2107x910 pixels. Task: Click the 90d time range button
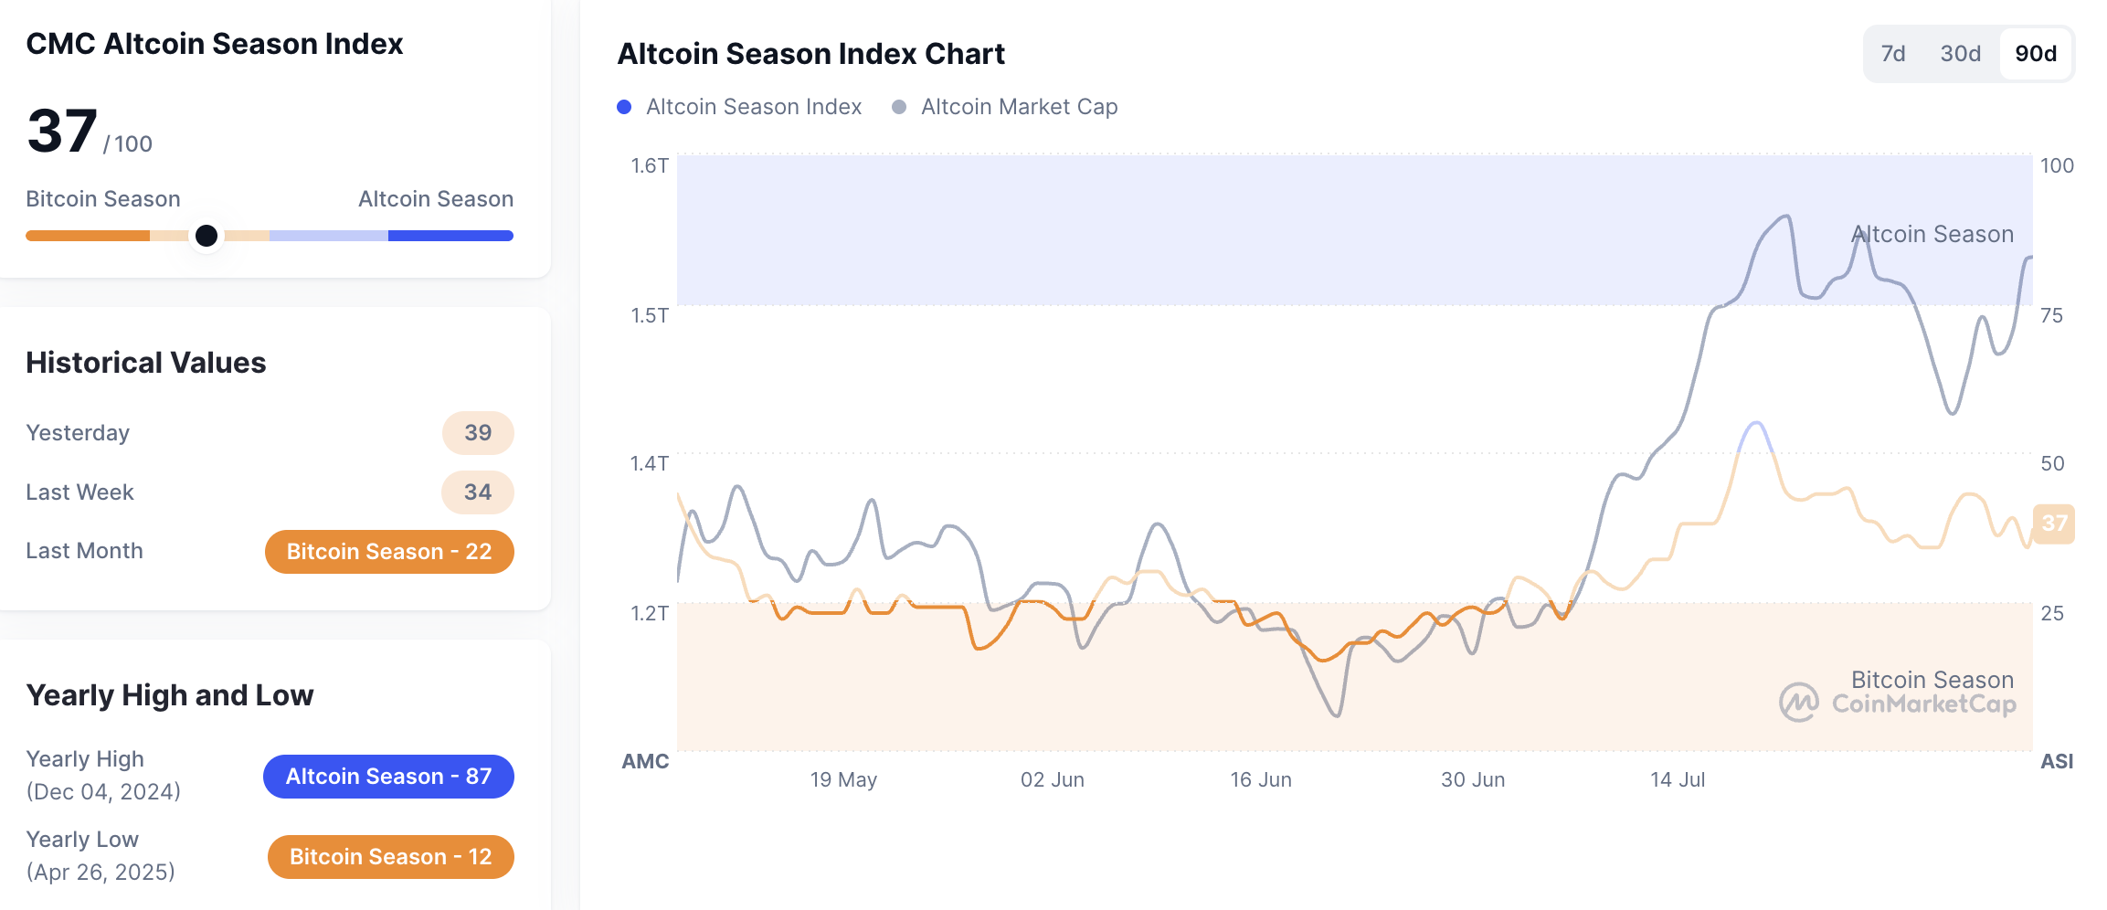click(2035, 54)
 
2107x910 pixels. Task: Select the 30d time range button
click(1960, 54)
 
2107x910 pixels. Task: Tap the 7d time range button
click(1892, 54)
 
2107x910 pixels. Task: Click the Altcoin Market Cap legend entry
click(1018, 107)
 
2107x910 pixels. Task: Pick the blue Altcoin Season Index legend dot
click(624, 107)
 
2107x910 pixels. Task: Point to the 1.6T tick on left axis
click(650, 165)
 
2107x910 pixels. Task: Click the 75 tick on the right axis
click(2051, 315)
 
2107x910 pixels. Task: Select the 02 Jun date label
click(1052, 779)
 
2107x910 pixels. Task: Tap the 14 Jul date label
click(1677, 779)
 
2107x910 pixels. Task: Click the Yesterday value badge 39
click(478, 433)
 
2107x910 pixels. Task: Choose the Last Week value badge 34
click(478, 492)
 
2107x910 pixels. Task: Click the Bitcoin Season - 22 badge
click(389, 552)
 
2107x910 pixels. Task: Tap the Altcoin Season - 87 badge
click(388, 777)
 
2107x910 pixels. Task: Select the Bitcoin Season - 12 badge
click(390, 857)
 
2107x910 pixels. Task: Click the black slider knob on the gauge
click(206, 236)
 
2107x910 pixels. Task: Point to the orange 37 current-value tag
click(2054, 524)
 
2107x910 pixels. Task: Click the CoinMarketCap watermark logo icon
click(1798, 703)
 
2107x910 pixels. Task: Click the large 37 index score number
click(62, 132)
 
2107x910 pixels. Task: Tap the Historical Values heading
click(146, 363)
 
